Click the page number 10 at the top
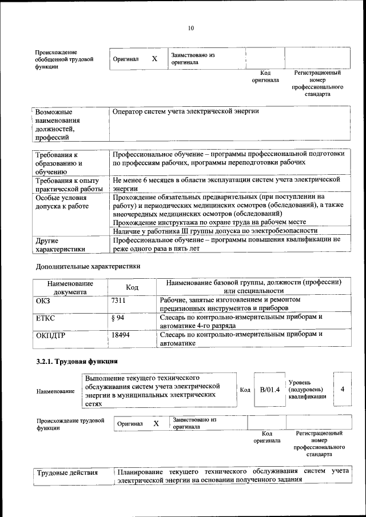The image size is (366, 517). pyautogui.click(x=190, y=27)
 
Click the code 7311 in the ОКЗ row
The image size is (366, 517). pyautogui.click(x=118, y=299)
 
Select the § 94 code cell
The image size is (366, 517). pyautogui.click(x=118, y=316)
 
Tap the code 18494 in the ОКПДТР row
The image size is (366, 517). pyautogui.click(x=121, y=335)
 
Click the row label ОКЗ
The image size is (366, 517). pyautogui.click(x=43, y=299)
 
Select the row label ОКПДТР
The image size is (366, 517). pyautogui.click(x=50, y=335)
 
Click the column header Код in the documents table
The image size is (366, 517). pyautogui.click(x=132, y=287)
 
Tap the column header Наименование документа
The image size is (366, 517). pyautogui.click(x=70, y=287)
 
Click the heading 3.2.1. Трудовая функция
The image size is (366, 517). pyautogui.click(x=77, y=362)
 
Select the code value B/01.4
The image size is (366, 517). pyautogui.click(x=269, y=390)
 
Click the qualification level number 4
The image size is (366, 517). pyautogui.click(x=342, y=389)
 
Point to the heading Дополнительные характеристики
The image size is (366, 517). pyautogui.click(x=87, y=266)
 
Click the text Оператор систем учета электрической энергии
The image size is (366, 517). pyautogui.click(x=186, y=111)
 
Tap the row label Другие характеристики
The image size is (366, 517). pyautogui.click(x=61, y=245)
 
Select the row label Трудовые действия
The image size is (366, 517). pyautogui.click(x=67, y=472)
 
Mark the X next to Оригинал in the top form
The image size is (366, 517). pyautogui.click(x=154, y=59)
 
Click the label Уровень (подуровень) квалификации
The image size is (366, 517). pyautogui.click(x=308, y=389)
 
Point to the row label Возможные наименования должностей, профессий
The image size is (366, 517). pyautogui.click(x=57, y=124)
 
